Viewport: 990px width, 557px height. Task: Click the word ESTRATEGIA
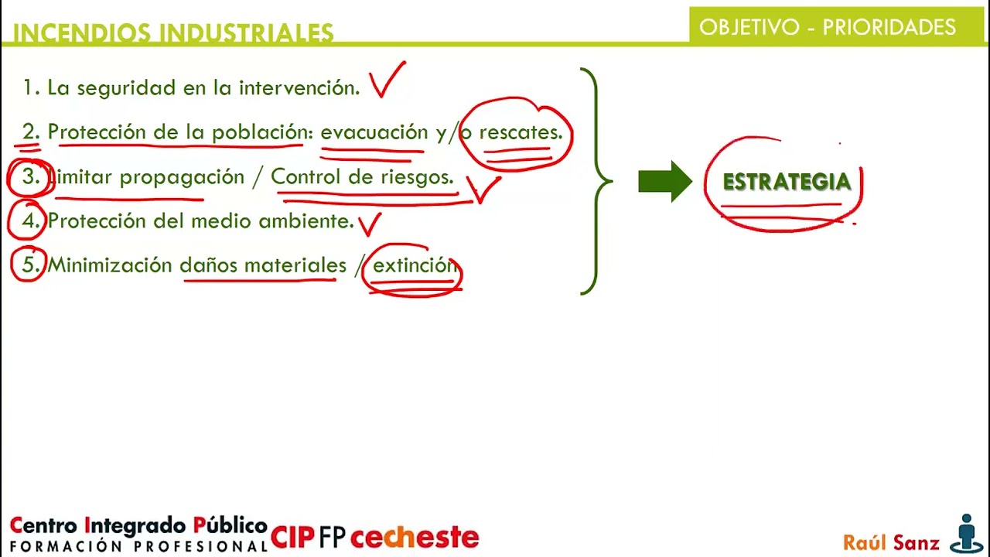[x=786, y=182]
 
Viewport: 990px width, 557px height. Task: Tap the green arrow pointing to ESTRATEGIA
[x=664, y=182]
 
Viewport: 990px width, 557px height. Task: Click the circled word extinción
[x=414, y=265]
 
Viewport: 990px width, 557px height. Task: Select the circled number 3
[x=30, y=177]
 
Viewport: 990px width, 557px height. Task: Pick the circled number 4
[x=30, y=221]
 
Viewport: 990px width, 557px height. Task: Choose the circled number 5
[x=30, y=265]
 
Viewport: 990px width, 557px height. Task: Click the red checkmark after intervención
[x=387, y=80]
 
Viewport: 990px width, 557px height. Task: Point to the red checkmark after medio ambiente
[x=370, y=224]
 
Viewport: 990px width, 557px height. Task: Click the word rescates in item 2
[x=520, y=132]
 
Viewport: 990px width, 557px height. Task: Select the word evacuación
[x=374, y=132]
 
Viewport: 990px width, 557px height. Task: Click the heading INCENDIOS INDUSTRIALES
[x=173, y=32]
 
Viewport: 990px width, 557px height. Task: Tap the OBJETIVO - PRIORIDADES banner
[x=828, y=27]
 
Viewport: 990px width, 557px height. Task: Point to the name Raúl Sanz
[x=891, y=542]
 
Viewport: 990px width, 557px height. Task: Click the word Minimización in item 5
[x=110, y=265]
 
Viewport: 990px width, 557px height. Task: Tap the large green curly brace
[x=596, y=182]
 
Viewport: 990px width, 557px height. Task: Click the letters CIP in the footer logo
[x=292, y=537]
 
